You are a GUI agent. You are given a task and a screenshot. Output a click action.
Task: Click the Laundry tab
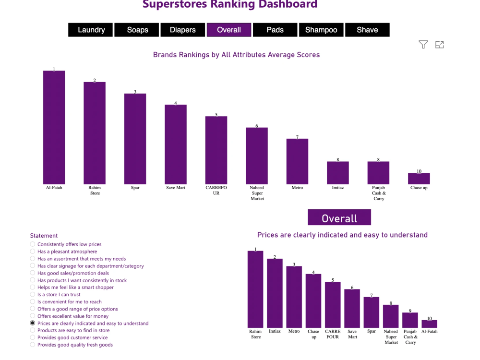(x=91, y=30)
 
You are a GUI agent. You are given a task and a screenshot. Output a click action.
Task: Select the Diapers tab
(x=183, y=30)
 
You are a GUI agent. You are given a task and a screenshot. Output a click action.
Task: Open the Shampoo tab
(x=321, y=30)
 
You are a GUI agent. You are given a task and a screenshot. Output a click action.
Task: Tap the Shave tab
(x=367, y=30)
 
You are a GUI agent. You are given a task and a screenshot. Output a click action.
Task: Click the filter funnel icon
(x=423, y=45)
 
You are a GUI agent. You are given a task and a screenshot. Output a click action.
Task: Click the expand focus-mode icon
(x=439, y=45)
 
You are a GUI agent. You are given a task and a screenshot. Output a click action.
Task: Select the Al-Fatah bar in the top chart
(x=54, y=128)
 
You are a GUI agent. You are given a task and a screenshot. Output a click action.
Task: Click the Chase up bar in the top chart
(x=419, y=179)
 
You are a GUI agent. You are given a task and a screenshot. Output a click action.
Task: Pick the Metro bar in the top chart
(x=297, y=161)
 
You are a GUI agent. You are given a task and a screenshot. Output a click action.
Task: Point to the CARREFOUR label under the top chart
(x=216, y=191)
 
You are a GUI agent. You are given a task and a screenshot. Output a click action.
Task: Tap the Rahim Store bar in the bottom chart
(x=255, y=289)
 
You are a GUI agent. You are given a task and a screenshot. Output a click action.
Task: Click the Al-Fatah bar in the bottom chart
(x=430, y=324)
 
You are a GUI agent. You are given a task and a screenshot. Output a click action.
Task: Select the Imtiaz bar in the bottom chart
(x=275, y=293)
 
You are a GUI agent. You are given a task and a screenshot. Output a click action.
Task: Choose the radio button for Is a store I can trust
(x=33, y=295)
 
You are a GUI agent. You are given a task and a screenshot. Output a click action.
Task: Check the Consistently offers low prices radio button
(x=33, y=244)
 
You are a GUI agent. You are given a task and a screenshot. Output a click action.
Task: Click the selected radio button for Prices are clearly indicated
(x=33, y=324)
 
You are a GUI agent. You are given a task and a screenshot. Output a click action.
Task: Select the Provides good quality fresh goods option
(x=33, y=345)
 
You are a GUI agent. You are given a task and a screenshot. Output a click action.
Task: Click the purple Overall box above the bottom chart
(x=339, y=218)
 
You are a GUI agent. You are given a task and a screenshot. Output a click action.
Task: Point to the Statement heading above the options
(x=44, y=236)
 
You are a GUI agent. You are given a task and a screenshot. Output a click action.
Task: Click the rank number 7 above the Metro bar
(x=297, y=137)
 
